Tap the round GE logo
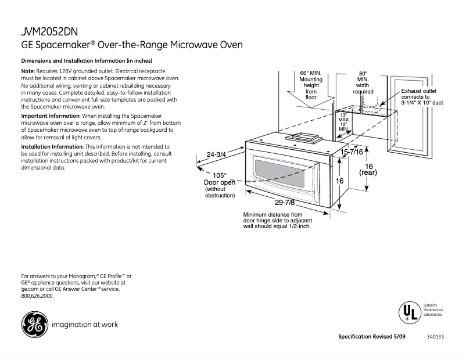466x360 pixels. [34, 324]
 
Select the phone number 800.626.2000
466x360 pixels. [37, 296]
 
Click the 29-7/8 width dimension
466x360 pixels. [285, 203]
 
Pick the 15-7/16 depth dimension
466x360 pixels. [352, 152]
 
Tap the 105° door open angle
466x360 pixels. [219, 175]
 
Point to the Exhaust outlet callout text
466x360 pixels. [419, 91]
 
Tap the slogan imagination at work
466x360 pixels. [85, 325]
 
